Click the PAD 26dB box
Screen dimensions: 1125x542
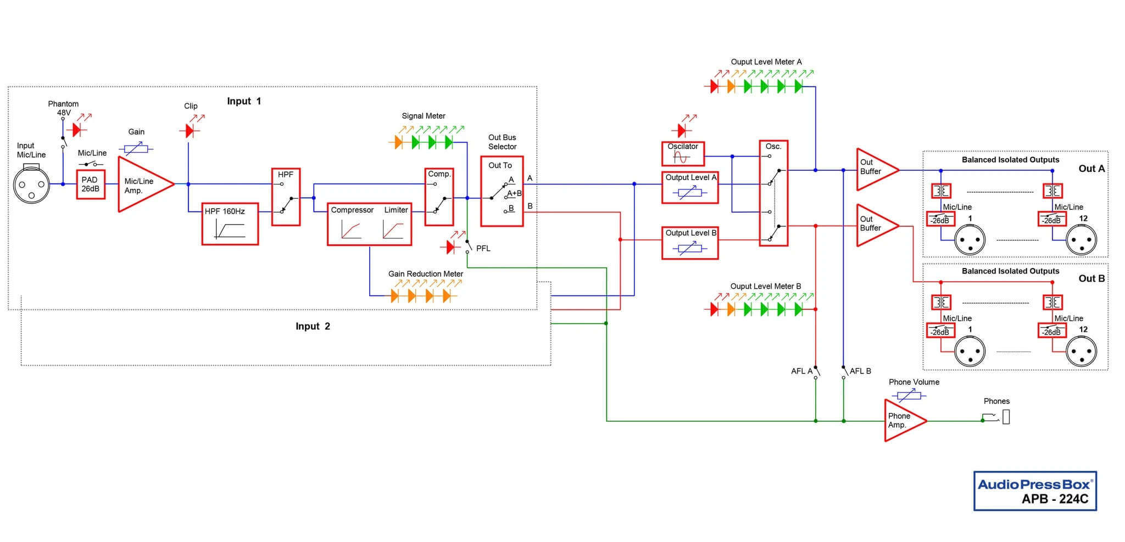[x=90, y=185]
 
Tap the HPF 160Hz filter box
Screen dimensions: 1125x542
[x=230, y=223]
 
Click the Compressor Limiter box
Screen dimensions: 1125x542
[x=369, y=224]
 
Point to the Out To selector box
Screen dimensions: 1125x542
[x=502, y=192]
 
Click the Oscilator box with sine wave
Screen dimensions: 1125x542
[x=683, y=154]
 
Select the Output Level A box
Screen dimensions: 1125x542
[x=690, y=188]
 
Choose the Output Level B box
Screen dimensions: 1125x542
[x=690, y=243]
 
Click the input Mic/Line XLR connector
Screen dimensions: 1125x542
[x=31, y=185]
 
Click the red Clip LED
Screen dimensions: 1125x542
[x=190, y=131]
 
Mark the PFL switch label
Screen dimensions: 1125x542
[x=483, y=249]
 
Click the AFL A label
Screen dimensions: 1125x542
[x=801, y=371]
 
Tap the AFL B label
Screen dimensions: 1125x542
[x=860, y=371]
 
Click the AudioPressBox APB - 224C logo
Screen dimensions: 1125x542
[x=1035, y=491]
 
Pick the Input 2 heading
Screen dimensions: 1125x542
[x=313, y=326]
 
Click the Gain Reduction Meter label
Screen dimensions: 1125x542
[x=426, y=274]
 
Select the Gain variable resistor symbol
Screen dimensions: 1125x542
[x=136, y=148]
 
